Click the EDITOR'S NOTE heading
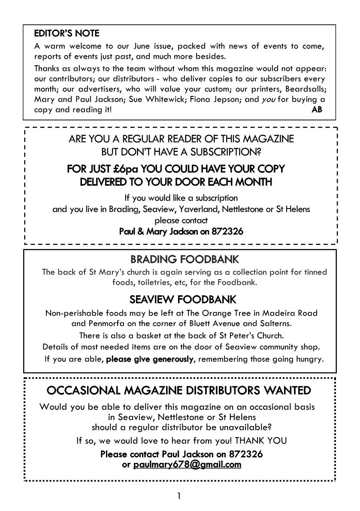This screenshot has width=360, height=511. [67, 33]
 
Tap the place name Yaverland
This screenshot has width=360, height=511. [203, 209]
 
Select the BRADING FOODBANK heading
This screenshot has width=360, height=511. [185, 260]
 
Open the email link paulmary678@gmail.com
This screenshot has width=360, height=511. [187, 464]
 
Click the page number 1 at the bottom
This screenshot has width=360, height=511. [179, 496]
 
